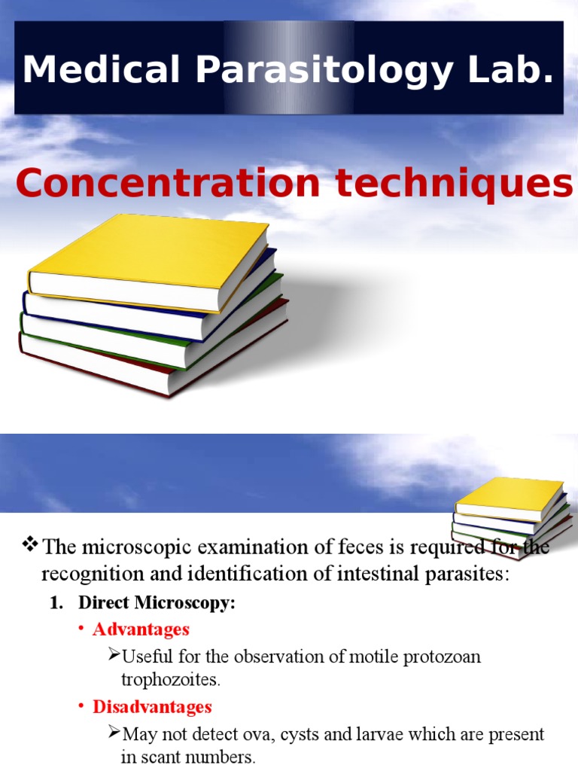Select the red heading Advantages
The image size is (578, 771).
141,629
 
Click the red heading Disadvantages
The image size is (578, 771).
152,707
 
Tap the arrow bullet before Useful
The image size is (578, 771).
114,655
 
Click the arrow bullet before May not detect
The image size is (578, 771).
114,733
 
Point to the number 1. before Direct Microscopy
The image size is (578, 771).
56,603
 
